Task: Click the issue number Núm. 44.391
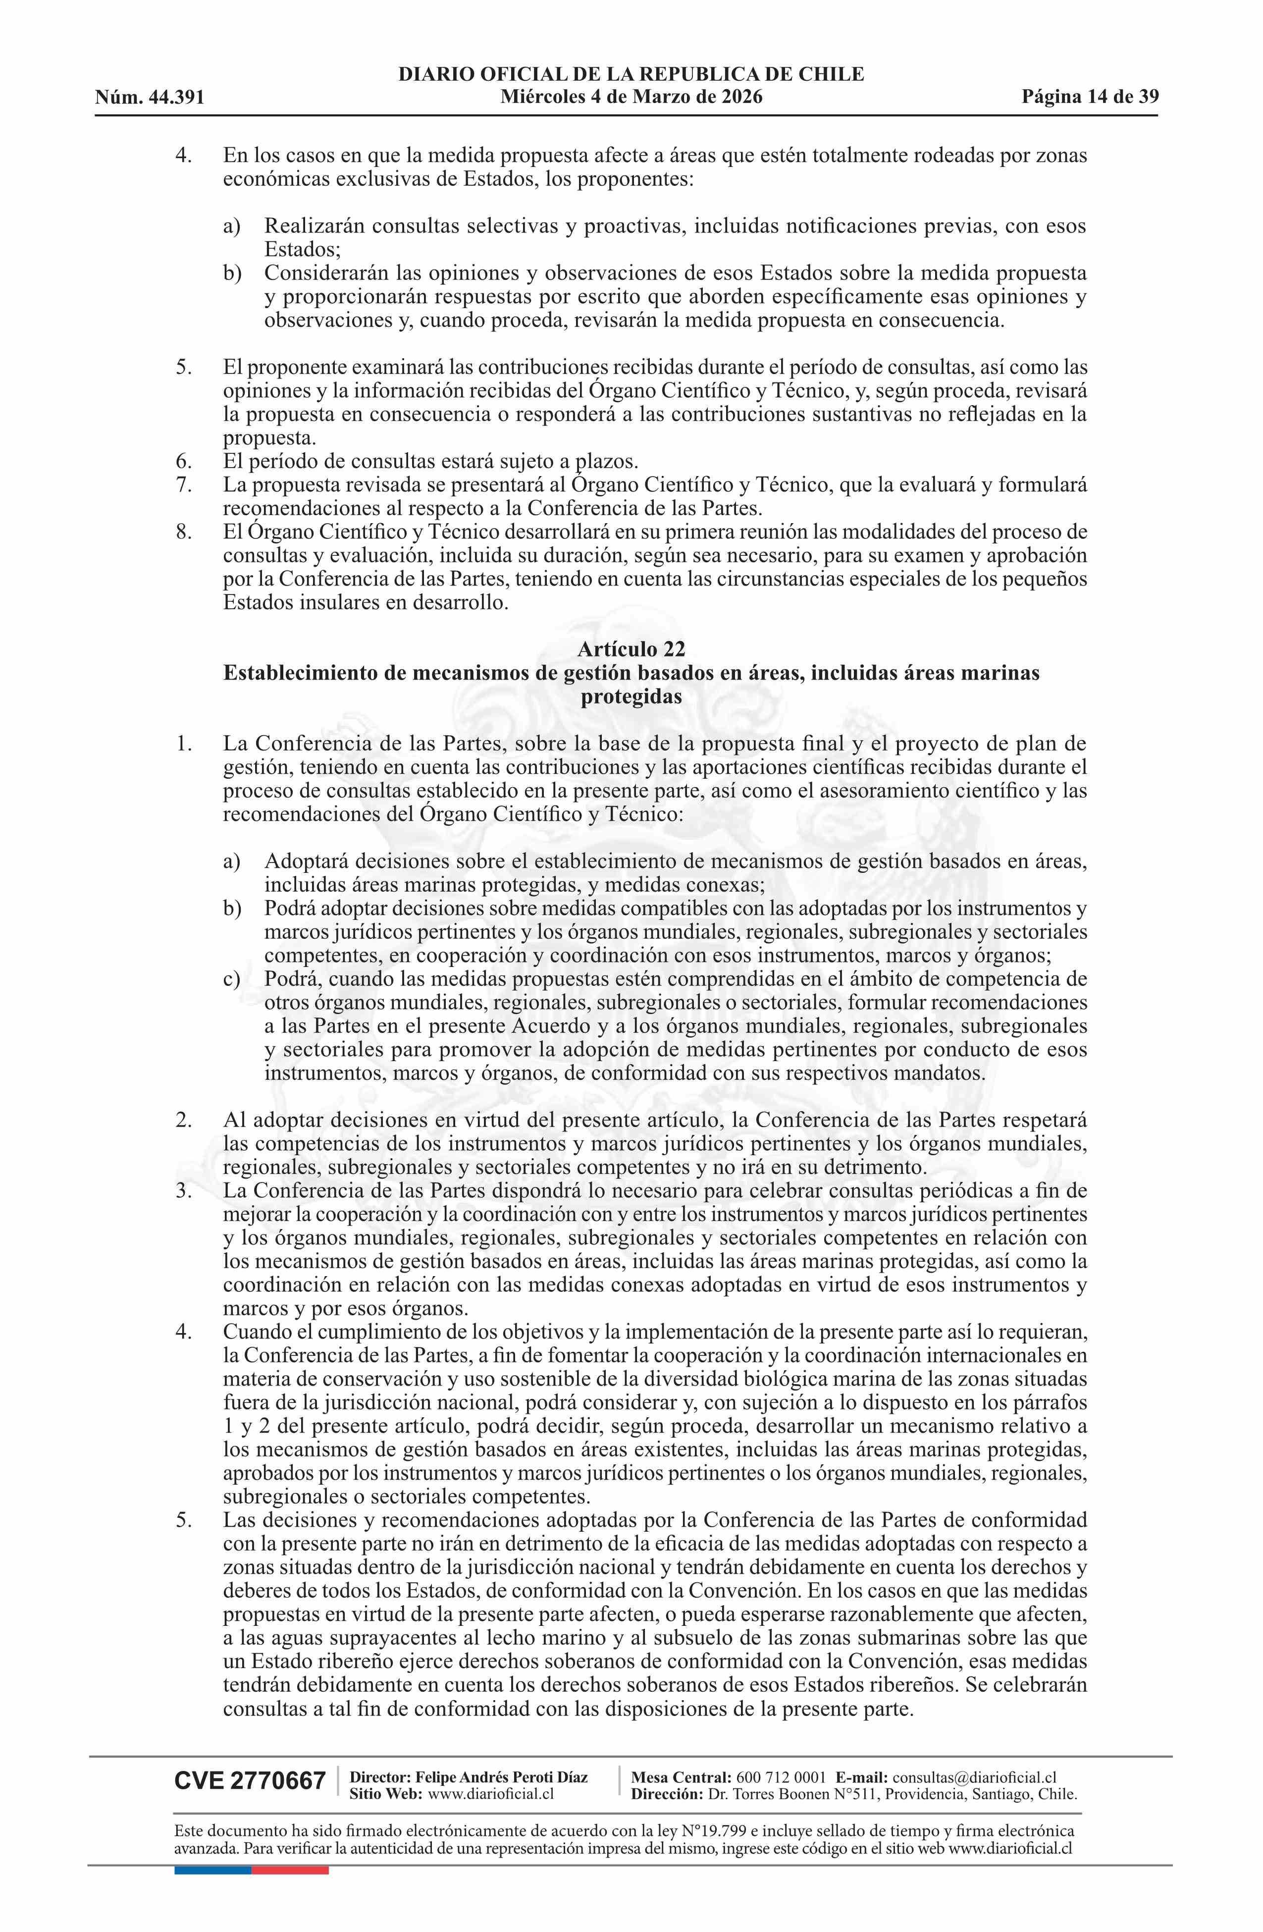tap(150, 98)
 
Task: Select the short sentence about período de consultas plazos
tap(430, 462)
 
